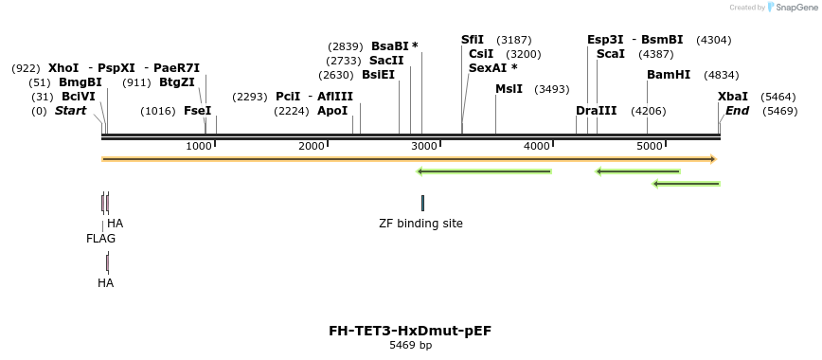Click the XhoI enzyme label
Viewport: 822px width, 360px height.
click(64, 68)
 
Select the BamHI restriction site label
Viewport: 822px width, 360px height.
click(669, 75)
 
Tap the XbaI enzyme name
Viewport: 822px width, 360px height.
click(732, 97)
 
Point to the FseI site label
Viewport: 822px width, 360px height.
click(197, 111)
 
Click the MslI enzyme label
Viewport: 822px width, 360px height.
click(509, 89)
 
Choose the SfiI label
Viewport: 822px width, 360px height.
click(472, 40)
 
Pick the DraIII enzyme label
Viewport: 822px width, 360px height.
click(596, 111)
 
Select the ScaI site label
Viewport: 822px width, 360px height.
click(611, 54)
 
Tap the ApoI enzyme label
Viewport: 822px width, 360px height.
click(332, 111)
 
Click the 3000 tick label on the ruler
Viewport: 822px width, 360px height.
click(424, 146)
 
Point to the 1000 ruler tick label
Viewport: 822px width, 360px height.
click(199, 146)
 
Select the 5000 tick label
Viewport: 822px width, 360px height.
click(649, 146)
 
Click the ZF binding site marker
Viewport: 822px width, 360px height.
click(422, 203)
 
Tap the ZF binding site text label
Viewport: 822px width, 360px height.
click(420, 224)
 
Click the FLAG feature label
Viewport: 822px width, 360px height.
click(100, 239)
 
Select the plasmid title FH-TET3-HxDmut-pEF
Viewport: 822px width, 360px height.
click(410, 331)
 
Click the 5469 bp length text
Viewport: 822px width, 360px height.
click(410, 345)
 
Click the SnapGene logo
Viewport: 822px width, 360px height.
click(791, 7)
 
